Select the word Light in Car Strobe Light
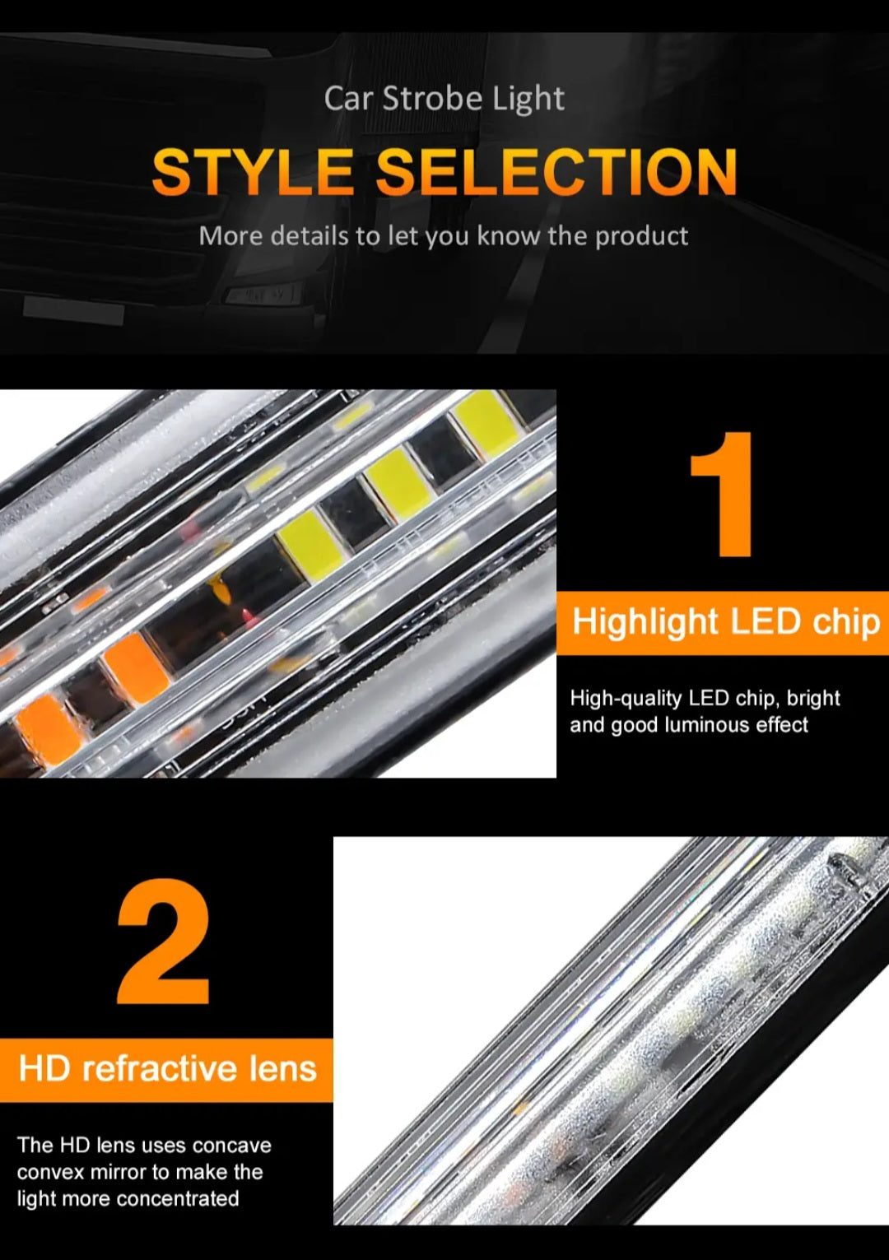pyautogui.click(x=528, y=100)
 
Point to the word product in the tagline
pyautogui.click(x=641, y=236)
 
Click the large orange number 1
pyautogui.click(x=724, y=495)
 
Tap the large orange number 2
pyautogui.click(x=164, y=942)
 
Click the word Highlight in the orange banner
pyautogui.click(x=646, y=622)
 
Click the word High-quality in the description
pyautogui.click(x=626, y=698)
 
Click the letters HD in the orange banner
pyautogui.click(x=45, y=1068)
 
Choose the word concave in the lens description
pyautogui.click(x=232, y=1145)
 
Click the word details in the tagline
pyautogui.click(x=309, y=236)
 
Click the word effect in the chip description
pyautogui.click(x=782, y=725)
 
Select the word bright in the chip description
pyautogui.click(x=813, y=698)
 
